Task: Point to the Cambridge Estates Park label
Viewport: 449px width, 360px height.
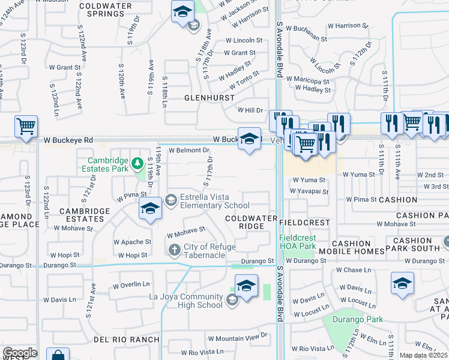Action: pos(108,164)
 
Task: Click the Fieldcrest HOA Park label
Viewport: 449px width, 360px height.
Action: pos(298,242)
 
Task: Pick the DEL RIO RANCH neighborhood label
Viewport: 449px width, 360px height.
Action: pos(126,340)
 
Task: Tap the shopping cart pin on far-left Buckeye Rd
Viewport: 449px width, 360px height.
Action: pos(26,126)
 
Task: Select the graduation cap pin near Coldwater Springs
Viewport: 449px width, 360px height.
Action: pos(182,11)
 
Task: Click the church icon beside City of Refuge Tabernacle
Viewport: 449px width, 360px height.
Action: pos(174,249)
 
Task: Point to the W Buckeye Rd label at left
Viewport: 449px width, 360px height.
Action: pos(68,140)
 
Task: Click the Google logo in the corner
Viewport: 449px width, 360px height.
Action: pos(20,353)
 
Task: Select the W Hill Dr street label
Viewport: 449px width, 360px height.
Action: pos(250,110)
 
